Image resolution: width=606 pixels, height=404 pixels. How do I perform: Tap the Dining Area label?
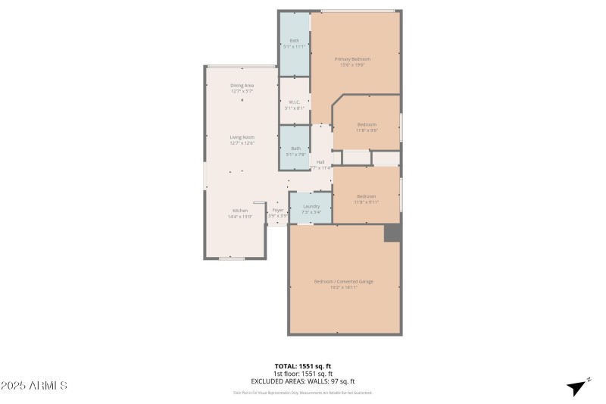(242, 86)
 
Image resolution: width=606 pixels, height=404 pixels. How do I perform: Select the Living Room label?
(242, 137)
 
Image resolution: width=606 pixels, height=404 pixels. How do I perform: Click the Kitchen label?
(240, 210)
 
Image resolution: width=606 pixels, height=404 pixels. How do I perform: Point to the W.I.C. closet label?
(294, 102)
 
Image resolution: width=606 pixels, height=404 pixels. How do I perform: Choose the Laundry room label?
(311, 206)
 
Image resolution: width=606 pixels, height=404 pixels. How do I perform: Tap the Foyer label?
(278, 210)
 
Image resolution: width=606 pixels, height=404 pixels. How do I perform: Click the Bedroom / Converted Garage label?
(344, 281)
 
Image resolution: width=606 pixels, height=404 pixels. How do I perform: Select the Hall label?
(320, 162)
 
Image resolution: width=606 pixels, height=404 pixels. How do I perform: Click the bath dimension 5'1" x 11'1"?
(294, 46)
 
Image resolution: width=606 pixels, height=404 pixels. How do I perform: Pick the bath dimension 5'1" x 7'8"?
(295, 155)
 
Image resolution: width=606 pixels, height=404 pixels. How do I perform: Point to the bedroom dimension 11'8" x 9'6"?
(367, 130)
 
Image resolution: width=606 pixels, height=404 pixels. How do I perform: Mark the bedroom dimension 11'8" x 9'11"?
(367, 202)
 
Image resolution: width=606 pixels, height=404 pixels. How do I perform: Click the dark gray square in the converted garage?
(392, 233)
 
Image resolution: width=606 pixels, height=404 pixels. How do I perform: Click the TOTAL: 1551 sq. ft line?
(303, 366)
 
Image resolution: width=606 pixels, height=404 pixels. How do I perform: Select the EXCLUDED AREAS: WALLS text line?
(303, 381)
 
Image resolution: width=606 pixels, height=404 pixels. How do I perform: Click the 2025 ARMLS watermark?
(34, 386)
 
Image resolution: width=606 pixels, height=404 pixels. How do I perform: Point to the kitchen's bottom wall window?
(231, 258)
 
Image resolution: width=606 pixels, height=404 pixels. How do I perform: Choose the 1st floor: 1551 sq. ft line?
(303, 374)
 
